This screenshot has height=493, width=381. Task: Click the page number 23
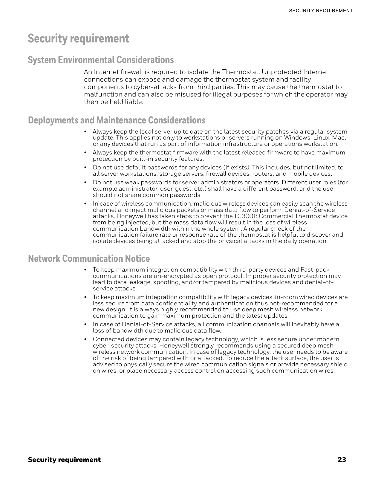342,460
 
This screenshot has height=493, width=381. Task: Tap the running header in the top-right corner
321,11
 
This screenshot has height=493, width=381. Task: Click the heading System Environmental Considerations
101,60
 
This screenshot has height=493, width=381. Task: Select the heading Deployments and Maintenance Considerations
117,120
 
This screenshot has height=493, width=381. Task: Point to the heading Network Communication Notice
89,258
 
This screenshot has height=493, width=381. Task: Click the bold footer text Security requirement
64,460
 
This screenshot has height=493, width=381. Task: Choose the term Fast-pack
315,270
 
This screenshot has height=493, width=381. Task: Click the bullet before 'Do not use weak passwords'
85,183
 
